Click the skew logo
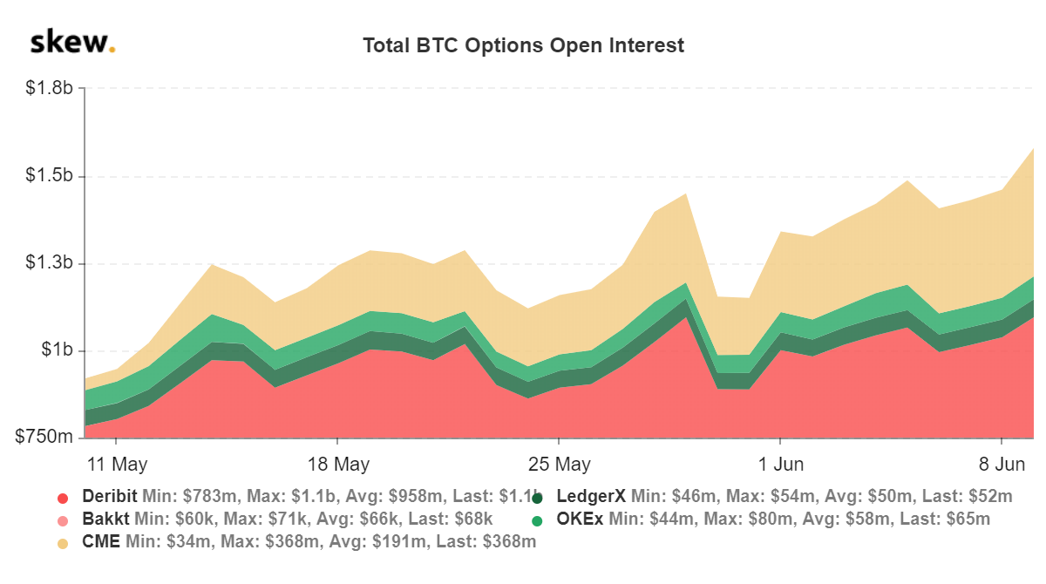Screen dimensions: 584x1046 pos(72,42)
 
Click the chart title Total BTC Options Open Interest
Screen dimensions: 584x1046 pos(523,45)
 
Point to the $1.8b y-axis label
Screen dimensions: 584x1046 pos(50,89)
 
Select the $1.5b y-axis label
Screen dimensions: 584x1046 pos(50,177)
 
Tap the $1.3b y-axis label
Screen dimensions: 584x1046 pos(50,264)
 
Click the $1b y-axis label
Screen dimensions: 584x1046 pos(57,351)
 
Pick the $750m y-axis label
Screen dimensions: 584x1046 pos(44,438)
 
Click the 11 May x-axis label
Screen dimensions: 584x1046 pos(118,462)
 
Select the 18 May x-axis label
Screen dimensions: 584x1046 pos(339,462)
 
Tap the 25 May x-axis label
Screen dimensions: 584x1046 pos(560,462)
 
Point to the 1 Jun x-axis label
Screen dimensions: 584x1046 pos(781,462)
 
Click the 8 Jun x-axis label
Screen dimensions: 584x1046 pos(1002,462)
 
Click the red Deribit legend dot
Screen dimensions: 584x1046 pos(62,498)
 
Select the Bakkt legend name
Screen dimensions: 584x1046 pos(105,519)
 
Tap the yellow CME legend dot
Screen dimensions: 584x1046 pos(62,543)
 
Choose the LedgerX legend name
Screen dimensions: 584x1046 pos(591,497)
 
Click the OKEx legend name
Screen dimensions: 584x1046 pos(581,519)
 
